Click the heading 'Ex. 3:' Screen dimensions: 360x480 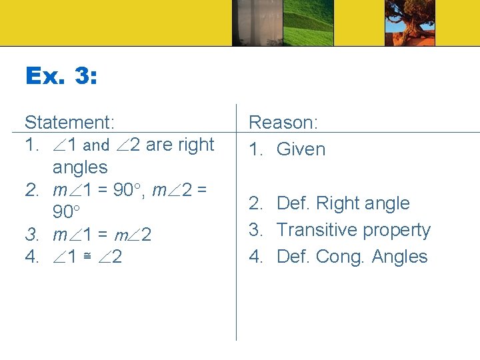coord(61,75)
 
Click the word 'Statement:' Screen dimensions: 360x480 coord(70,123)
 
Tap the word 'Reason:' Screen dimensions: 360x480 coord(283,123)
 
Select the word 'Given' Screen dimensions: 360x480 coord(301,150)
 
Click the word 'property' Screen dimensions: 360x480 coord(397,231)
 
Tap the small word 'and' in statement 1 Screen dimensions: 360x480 coord(97,145)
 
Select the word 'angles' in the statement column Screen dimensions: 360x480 coord(80,167)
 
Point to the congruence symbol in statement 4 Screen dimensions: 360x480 coord(97,257)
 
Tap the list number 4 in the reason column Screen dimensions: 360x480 coord(254,257)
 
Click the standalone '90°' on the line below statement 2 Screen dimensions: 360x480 coord(67,213)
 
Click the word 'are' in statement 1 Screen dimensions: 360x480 coord(159,145)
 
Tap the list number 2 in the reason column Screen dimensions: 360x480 coord(254,203)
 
